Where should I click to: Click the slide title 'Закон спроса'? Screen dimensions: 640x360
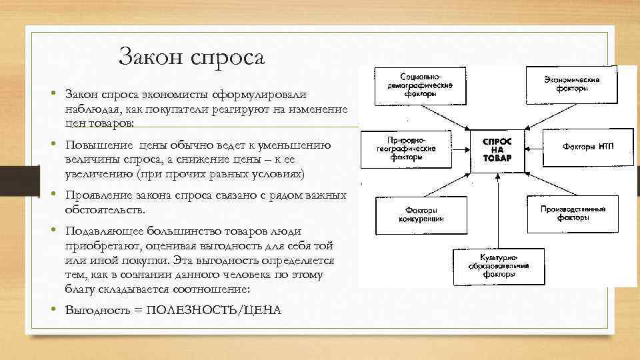point(192,57)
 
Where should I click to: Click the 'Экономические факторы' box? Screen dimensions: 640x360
point(571,84)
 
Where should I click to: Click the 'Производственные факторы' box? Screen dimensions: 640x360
point(573,213)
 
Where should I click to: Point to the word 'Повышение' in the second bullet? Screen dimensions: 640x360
point(97,145)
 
